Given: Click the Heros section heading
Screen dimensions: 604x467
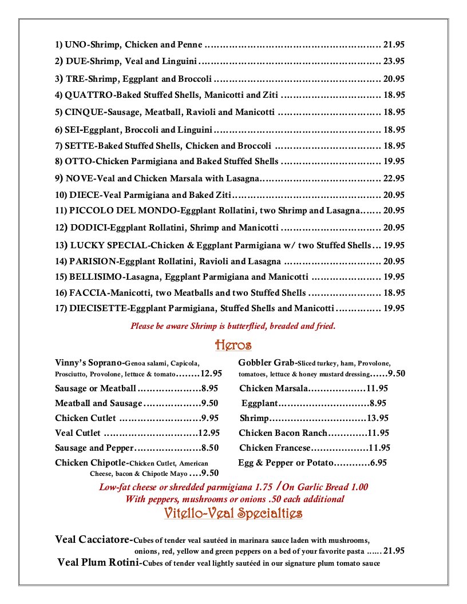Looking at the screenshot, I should [x=233, y=345].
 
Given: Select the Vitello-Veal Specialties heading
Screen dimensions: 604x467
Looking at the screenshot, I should [x=233, y=513].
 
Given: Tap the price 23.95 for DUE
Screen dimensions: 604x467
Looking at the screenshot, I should [x=394, y=61].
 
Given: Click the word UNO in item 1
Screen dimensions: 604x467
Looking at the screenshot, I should [x=75, y=44].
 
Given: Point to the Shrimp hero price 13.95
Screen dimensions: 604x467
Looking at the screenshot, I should [x=378, y=418].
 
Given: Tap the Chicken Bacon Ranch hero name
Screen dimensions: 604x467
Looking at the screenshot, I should [x=283, y=433].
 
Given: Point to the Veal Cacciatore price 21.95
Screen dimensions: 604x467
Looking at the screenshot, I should [x=394, y=551].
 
